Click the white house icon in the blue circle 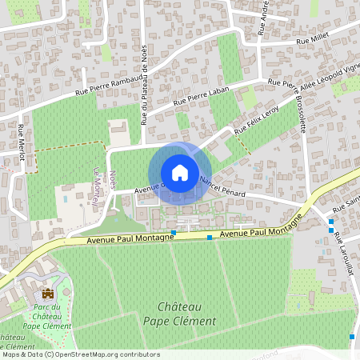point(179,173)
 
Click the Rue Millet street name point(312,40)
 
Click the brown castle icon point(48,293)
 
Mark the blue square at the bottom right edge point(352,337)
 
